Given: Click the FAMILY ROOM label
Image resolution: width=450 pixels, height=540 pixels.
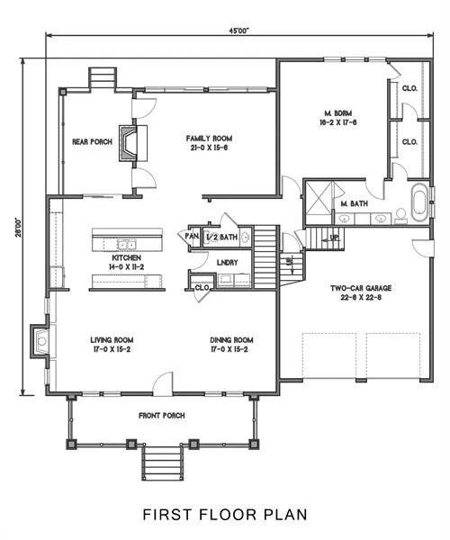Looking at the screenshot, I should coord(204,139).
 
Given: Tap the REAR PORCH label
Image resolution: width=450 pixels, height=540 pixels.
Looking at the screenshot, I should coord(92,141).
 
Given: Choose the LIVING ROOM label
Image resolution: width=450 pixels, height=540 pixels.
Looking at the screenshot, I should coord(112,340).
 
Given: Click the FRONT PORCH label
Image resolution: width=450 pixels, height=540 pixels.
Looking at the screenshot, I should coord(162,415).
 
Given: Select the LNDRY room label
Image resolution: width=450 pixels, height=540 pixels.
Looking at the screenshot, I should coord(227,262).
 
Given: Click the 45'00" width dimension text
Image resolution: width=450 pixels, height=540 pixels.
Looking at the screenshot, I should coord(238,30).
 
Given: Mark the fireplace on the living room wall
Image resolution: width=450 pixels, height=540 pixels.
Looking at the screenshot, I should coord(40,340).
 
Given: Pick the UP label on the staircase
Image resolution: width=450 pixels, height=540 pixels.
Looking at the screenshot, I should coord(335,237).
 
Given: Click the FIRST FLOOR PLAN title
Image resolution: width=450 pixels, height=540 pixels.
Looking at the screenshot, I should coord(225,515).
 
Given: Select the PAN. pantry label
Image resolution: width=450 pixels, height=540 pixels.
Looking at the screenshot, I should coord(192,237).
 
